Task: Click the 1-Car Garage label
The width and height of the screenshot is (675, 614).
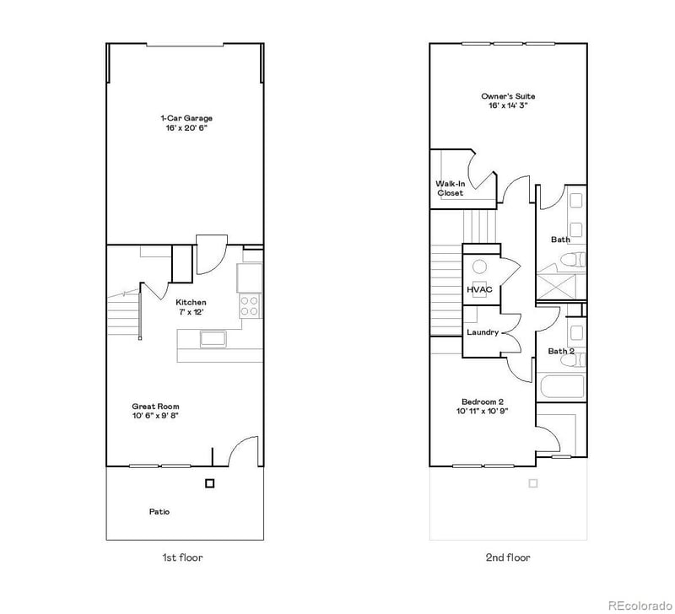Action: pos(186,118)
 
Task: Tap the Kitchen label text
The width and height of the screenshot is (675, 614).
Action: pos(191,302)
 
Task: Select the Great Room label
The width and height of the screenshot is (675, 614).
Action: pos(155,406)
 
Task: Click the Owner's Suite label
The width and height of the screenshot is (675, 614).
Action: pos(508,96)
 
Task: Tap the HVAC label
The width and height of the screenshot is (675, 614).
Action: pos(479,290)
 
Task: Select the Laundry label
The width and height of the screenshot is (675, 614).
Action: pos(482,332)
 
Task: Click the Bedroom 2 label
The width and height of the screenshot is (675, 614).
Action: pos(483,401)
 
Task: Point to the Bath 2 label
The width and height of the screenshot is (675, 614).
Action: pos(561,351)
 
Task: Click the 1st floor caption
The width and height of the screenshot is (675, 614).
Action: pos(182,557)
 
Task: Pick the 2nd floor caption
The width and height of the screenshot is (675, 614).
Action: pos(508,557)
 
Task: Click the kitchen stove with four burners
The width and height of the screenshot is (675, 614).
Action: pos(250,305)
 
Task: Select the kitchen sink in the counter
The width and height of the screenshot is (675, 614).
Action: pos(213,339)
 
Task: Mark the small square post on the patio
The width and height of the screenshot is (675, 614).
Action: pos(209,483)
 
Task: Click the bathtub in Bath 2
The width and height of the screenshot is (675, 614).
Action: pos(562,389)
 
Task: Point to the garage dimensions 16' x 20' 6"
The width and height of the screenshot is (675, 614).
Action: pos(186,128)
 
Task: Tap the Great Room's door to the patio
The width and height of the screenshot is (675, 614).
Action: pos(242,451)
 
